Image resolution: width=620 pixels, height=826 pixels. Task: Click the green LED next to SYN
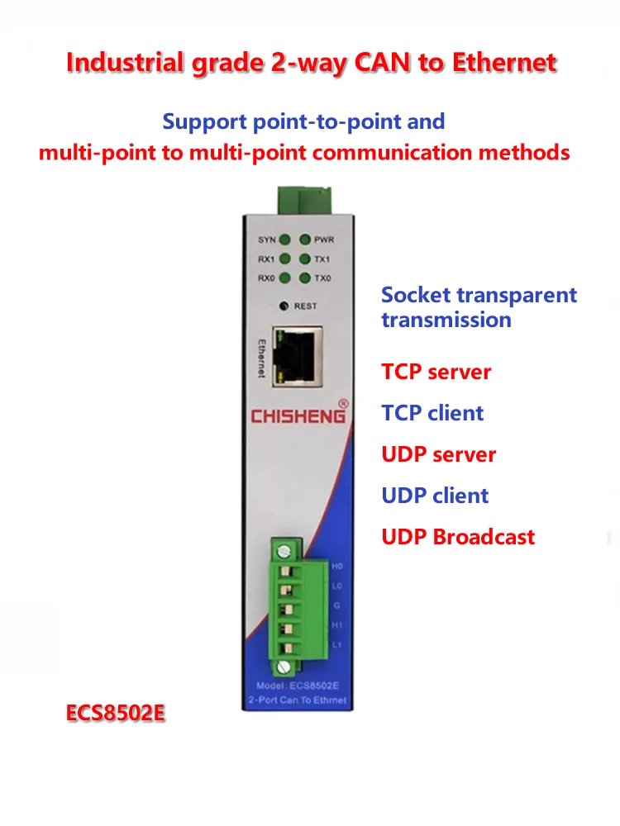click(x=285, y=240)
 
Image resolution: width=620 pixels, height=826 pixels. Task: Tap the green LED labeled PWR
click(x=305, y=240)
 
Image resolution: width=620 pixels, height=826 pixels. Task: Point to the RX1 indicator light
click(x=285, y=259)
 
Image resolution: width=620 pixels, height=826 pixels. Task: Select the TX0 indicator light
click(x=305, y=278)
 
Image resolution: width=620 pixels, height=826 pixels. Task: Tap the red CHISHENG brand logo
click(x=298, y=415)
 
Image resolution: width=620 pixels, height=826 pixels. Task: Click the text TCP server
click(x=436, y=372)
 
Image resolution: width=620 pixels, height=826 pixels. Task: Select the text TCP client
click(x=432, y=413)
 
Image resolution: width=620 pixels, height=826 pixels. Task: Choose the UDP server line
click(x=438, y=454)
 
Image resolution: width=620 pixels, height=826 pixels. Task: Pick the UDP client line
click(x=435, y=496)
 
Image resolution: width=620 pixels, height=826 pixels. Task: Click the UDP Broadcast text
click(x=458, y=537)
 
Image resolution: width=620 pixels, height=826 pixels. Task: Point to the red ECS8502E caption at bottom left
click(x=117, y=713)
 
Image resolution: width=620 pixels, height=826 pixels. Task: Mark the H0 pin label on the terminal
click(x=336, y=567)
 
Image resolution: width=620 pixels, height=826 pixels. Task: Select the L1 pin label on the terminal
click(x=336, y=644)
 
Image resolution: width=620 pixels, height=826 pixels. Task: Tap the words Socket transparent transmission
click(x=479, y=307)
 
